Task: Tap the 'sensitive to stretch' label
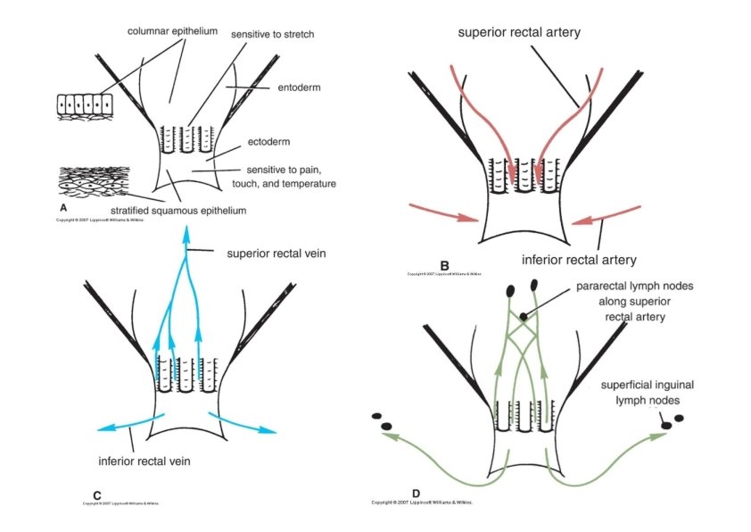[x=273, y=34]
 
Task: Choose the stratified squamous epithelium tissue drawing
[x=93, y=183]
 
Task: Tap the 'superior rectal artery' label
[x=519, y=32]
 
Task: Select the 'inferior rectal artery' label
[x=579, y=260]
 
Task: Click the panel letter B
[x=443, y=264]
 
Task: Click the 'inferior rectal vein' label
[x=146, y=461]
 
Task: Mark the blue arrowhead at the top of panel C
[x=186, y=236]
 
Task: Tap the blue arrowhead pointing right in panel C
[x=269, y=430]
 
